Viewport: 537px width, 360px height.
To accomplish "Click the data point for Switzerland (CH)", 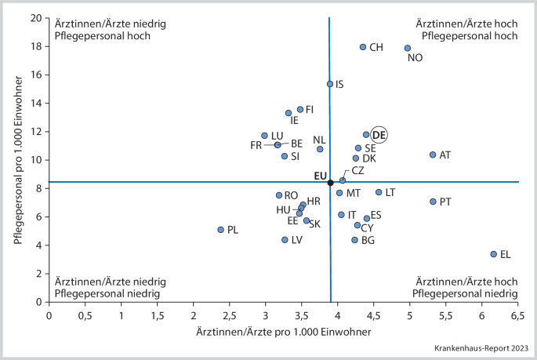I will pos(363,47).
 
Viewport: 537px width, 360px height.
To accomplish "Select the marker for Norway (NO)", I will pos(408,48).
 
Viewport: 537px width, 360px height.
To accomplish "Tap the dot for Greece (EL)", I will pos(494,254).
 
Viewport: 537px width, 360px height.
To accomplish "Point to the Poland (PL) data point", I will pos(221,230).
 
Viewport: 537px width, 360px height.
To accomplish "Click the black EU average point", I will pos(330,182).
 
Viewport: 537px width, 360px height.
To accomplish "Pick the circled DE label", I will pos(379,135).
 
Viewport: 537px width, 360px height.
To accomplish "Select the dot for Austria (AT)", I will pos(433,155).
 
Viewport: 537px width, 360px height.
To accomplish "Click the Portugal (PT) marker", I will pos(433,202).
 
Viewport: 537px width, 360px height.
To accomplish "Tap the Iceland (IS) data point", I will pos(330,84).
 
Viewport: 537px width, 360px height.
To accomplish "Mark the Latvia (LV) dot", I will pos(285,240).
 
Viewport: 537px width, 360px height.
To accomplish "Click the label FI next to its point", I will pos(310,110).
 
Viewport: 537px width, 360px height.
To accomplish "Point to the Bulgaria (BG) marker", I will pos(354,240).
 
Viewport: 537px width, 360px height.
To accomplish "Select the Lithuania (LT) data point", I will pos(379,192).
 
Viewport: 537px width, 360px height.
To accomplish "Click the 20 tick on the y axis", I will pos(36,18).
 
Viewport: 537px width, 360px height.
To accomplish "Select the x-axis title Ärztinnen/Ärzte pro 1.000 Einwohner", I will pos(284,332).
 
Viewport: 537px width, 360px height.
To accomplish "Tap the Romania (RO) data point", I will pos(279,195).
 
